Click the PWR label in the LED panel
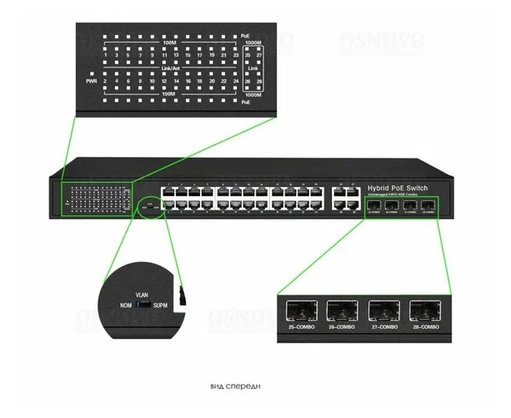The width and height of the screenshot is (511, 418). [x=92, y=82]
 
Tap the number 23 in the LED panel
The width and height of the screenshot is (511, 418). [x=237, y=54]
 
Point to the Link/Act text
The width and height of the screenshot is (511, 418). [x=172, y=68]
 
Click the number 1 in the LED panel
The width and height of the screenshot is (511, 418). [x=106, y=54]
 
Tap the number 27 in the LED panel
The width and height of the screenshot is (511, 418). [x=259, y=54]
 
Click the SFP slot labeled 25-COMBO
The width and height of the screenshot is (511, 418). [x=300, y=310]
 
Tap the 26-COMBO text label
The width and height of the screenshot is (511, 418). [x=341, y=328]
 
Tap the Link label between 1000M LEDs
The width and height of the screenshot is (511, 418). [x=254, y=68]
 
